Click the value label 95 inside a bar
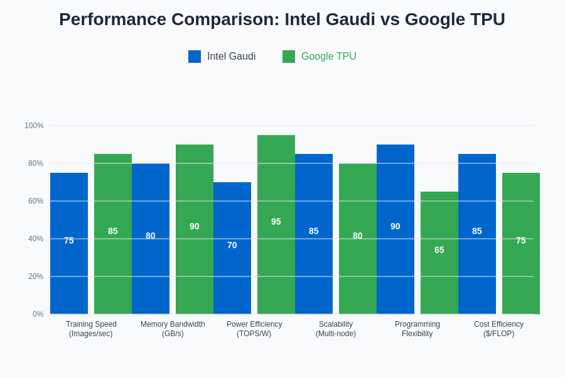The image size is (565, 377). pyautogui.click(x=276, y=222)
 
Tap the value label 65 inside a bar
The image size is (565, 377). pyautogui.click(x=439, y=250)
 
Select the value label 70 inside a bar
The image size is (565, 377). pyautogui.click(x=232, y=245)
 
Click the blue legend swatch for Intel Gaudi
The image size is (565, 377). pyautogui.click(x=195, y=57)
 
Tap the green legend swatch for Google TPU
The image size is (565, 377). pyautogui.click(x=289, y=57)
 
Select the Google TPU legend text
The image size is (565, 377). pyautogui.click(x=328, y=57)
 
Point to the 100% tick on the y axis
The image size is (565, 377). pyautogui.click(x=35, y=126)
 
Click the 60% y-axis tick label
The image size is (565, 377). pyautogui.click(x=36, y=201)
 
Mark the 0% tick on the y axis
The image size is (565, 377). pyautogui.click(x=38, y=314)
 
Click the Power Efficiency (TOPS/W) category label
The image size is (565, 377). pyautogui.click(x=254, y=329)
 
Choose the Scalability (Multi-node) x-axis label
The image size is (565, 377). pyautogui.click(x=336, y=329)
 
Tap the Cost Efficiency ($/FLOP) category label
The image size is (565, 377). pyautogui.click(x=498, y=329)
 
